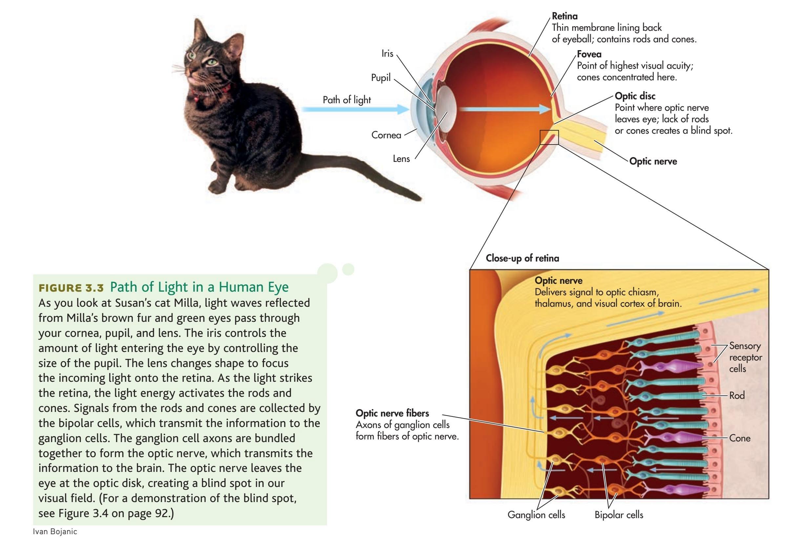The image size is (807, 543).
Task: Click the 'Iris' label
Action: point(387,54)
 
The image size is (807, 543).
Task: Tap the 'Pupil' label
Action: point(380,78)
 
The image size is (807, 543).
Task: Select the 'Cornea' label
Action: point(386,135)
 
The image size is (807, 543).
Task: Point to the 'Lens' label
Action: point(401,159)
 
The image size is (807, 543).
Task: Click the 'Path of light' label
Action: point(346,100)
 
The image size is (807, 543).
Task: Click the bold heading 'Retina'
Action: point(564,16)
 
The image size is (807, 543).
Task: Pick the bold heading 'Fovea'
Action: point(589,54)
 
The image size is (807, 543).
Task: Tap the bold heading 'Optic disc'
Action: point(635,96)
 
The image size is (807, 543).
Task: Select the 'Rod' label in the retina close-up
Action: point(736,396)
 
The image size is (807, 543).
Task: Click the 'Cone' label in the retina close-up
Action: point(739,438)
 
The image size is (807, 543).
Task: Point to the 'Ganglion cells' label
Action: point(536,515)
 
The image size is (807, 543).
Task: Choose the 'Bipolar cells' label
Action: point(618,515)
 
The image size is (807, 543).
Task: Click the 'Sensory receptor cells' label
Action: point(745,358)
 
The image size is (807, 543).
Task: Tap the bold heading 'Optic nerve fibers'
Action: point(392,413)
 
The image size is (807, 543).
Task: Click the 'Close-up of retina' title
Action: point(522,258)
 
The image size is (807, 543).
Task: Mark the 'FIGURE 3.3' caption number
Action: point(71,288)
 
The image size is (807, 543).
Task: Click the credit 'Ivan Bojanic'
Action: point(55,532)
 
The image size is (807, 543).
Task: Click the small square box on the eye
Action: point(549,137)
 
